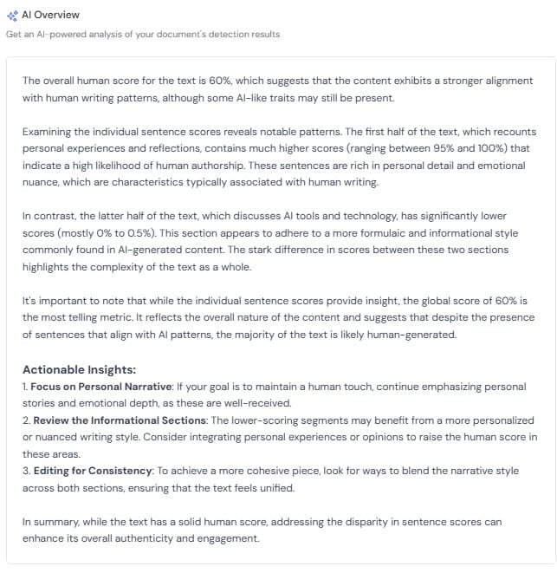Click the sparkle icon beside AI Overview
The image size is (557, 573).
coord(11,16)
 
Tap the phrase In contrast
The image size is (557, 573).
coord(44,215)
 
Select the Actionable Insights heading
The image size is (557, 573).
coord(79,369)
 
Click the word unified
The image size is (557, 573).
coord(276,488)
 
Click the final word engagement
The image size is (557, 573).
coord(229,538)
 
